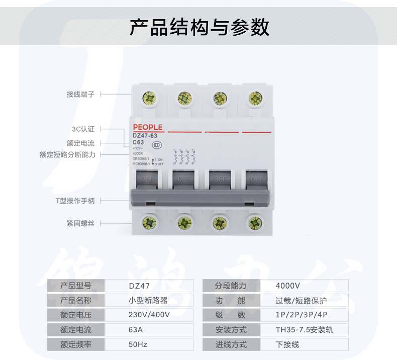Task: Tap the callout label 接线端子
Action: pyautogui.click(x=80, y=94)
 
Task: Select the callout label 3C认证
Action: pyautogui.click(x=83, y=129)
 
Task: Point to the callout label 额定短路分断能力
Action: pyautogui.click(x=67, y=155)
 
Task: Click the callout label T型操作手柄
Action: pyautogui.click(x=75, y=201)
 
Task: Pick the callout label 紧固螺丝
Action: pyautogui.click(x=80, y=223)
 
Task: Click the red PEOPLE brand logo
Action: pyautogui.click(x=148, y=127)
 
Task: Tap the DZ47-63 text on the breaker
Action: pyautogui.click(x=145, y=135)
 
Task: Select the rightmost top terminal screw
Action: pyautogui.click(x=255, y=98)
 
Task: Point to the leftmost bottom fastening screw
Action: pyautogui.click(x=149, y=222)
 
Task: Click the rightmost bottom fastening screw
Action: pyautogui.click(x=255, y=222)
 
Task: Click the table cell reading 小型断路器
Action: pyautogui.click(x=148, y=301)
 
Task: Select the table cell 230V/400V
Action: pyautogui.click(x=149, y=315)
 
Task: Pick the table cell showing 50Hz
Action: pyautogui.click(x=138, y=344)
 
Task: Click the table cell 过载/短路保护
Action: pyautogui.click(x=301, y=301)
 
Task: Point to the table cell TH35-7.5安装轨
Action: pyautogui.click(x=305, y=330)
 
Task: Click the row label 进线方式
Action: pyautogui.click(x=231, y=344)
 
